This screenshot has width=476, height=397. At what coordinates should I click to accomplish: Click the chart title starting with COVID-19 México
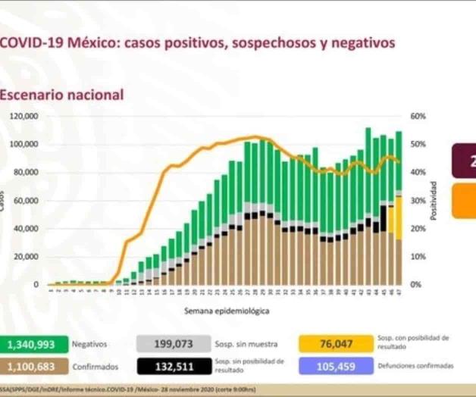click(197, 43)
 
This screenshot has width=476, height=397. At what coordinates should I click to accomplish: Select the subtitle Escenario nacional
click(61, 95)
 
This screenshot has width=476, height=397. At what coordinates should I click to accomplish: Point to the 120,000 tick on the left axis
click(24, 117)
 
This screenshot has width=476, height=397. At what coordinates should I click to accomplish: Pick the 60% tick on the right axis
click(418, 117)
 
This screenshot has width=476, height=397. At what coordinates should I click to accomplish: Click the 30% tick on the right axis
click(418, 201)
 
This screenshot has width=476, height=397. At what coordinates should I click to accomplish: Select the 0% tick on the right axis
click(416, 285)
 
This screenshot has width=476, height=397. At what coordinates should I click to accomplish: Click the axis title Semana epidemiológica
click(225, 311)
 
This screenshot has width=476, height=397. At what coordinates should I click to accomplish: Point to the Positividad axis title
click(433, 201)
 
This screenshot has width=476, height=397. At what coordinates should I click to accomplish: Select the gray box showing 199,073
click(174, 345)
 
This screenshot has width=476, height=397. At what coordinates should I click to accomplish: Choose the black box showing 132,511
click(174, 366)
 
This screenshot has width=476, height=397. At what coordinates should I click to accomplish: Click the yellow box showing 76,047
click(335, 345)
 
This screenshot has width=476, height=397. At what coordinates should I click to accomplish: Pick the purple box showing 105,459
click(335, 366)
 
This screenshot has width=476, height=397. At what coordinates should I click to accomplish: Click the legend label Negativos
click(89, 344)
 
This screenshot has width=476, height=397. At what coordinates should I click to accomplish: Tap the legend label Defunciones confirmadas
click(415, 366)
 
